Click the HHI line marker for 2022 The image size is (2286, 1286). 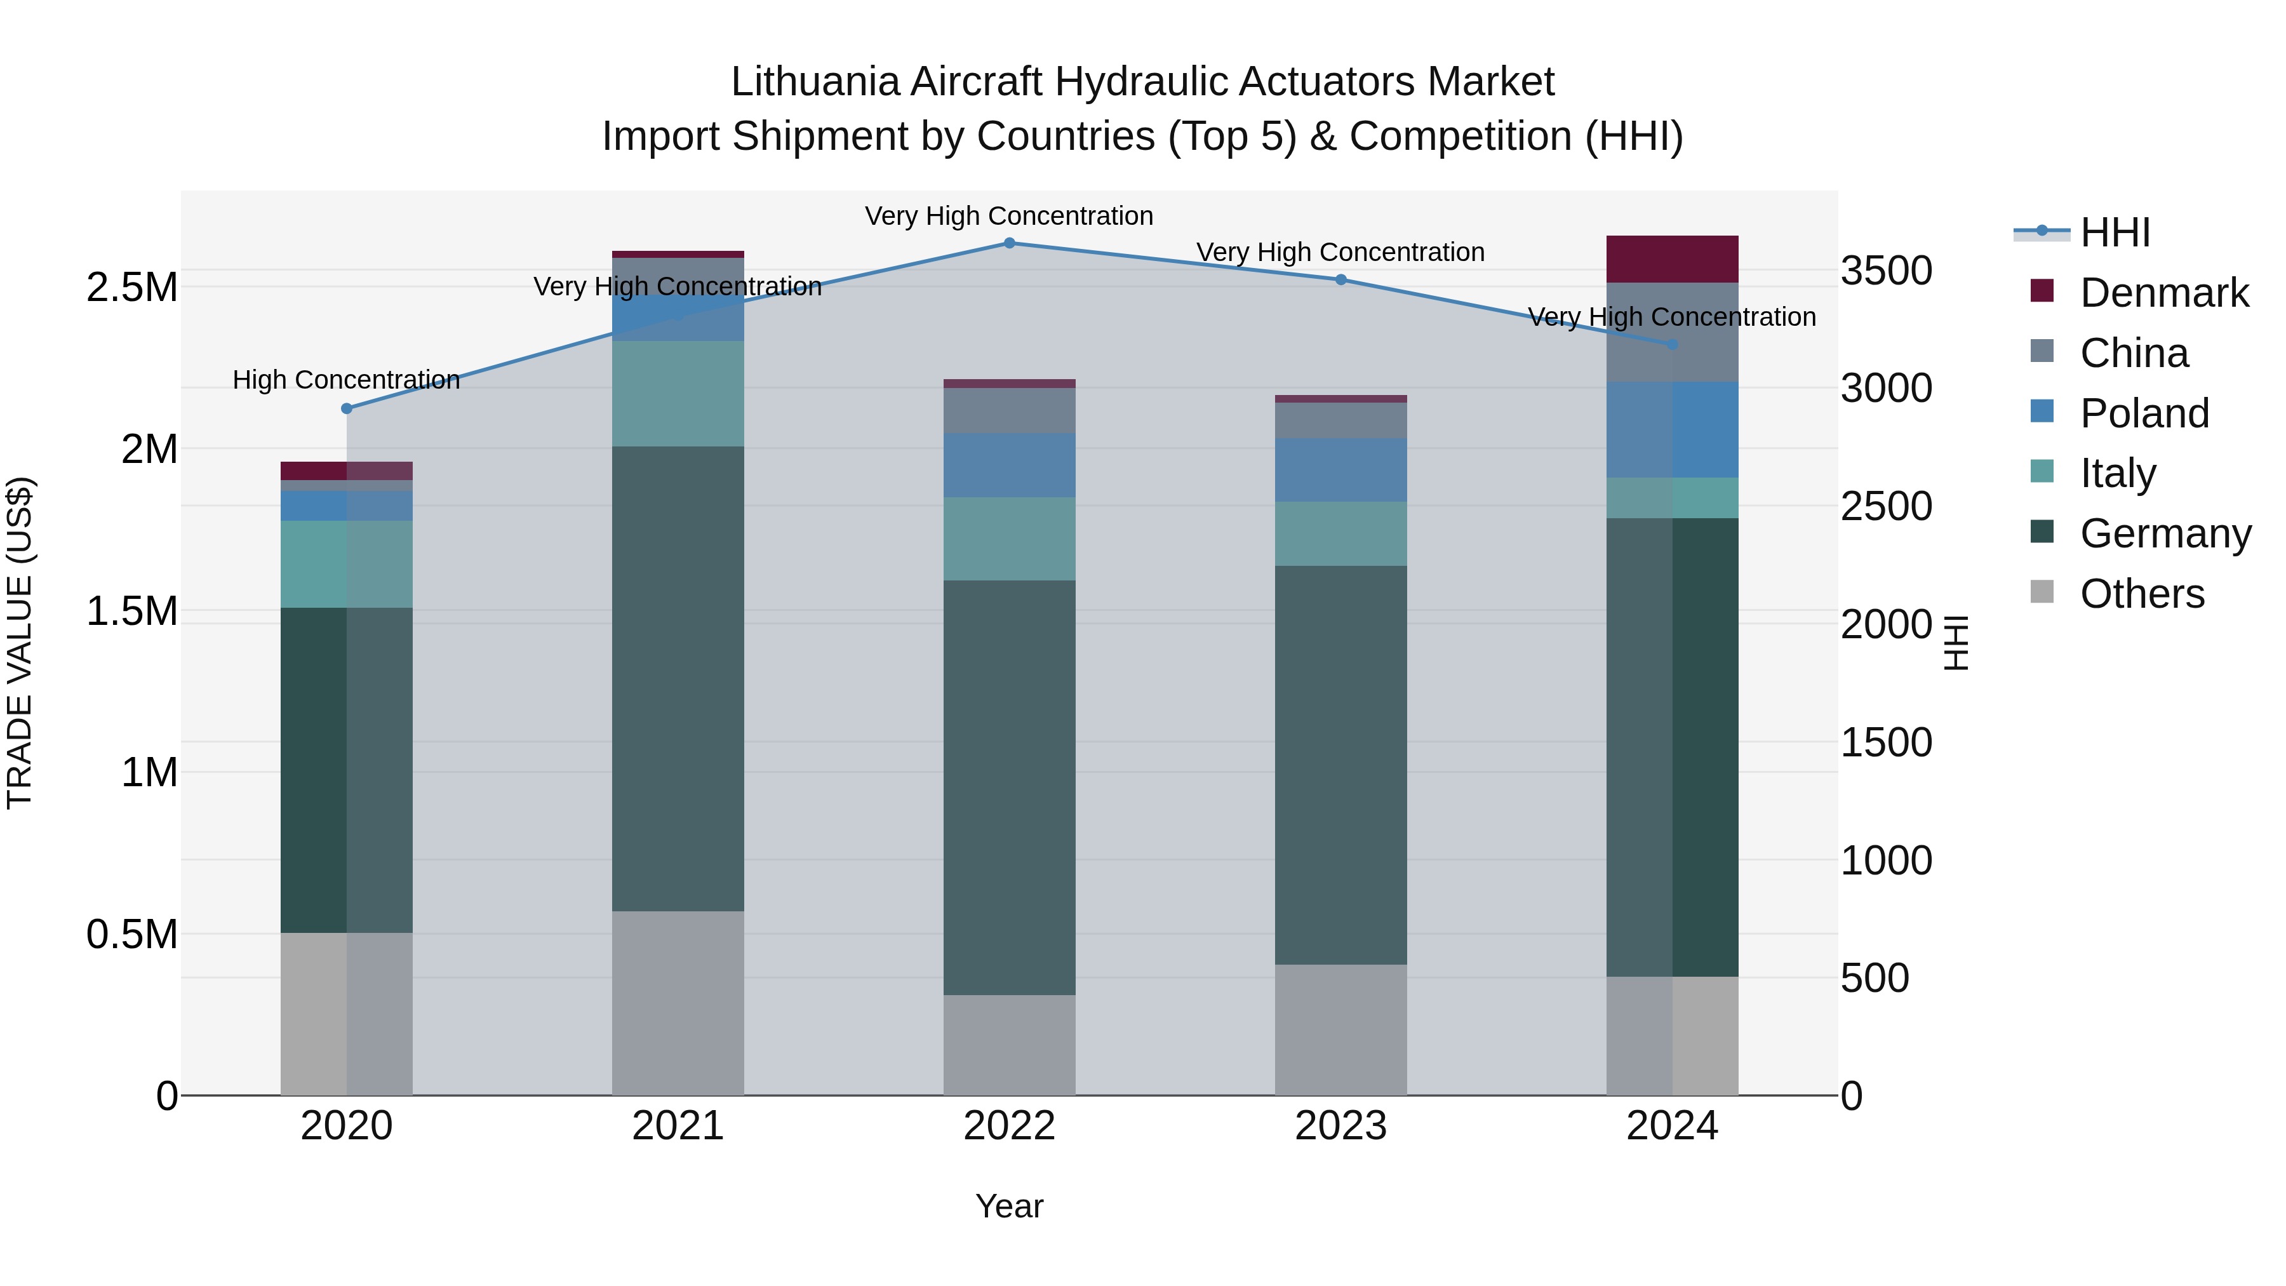point(1009,243)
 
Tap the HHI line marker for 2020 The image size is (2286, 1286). point(347,408)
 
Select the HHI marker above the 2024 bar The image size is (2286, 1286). point(1672,344)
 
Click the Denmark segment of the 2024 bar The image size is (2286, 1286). point(1672,259)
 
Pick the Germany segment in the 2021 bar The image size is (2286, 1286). point(678,679)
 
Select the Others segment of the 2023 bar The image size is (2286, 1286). point(1341,1029)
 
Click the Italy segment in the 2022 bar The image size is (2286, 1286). point(1009,539)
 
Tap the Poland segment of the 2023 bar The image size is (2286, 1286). point(1341,469)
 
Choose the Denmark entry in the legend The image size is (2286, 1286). point(2163,293)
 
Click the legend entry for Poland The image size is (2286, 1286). point(2144,413)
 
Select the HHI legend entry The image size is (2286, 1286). point(2115,232)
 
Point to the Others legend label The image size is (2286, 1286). point(2141,594)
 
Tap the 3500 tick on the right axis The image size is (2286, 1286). point(1886,271)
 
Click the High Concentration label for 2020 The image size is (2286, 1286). point(346,380)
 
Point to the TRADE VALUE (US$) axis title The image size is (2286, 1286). point(20,643)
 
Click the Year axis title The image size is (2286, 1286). point(1009,1206)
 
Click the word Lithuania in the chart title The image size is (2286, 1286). point(815,82)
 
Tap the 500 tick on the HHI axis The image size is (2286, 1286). point(1875,978)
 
